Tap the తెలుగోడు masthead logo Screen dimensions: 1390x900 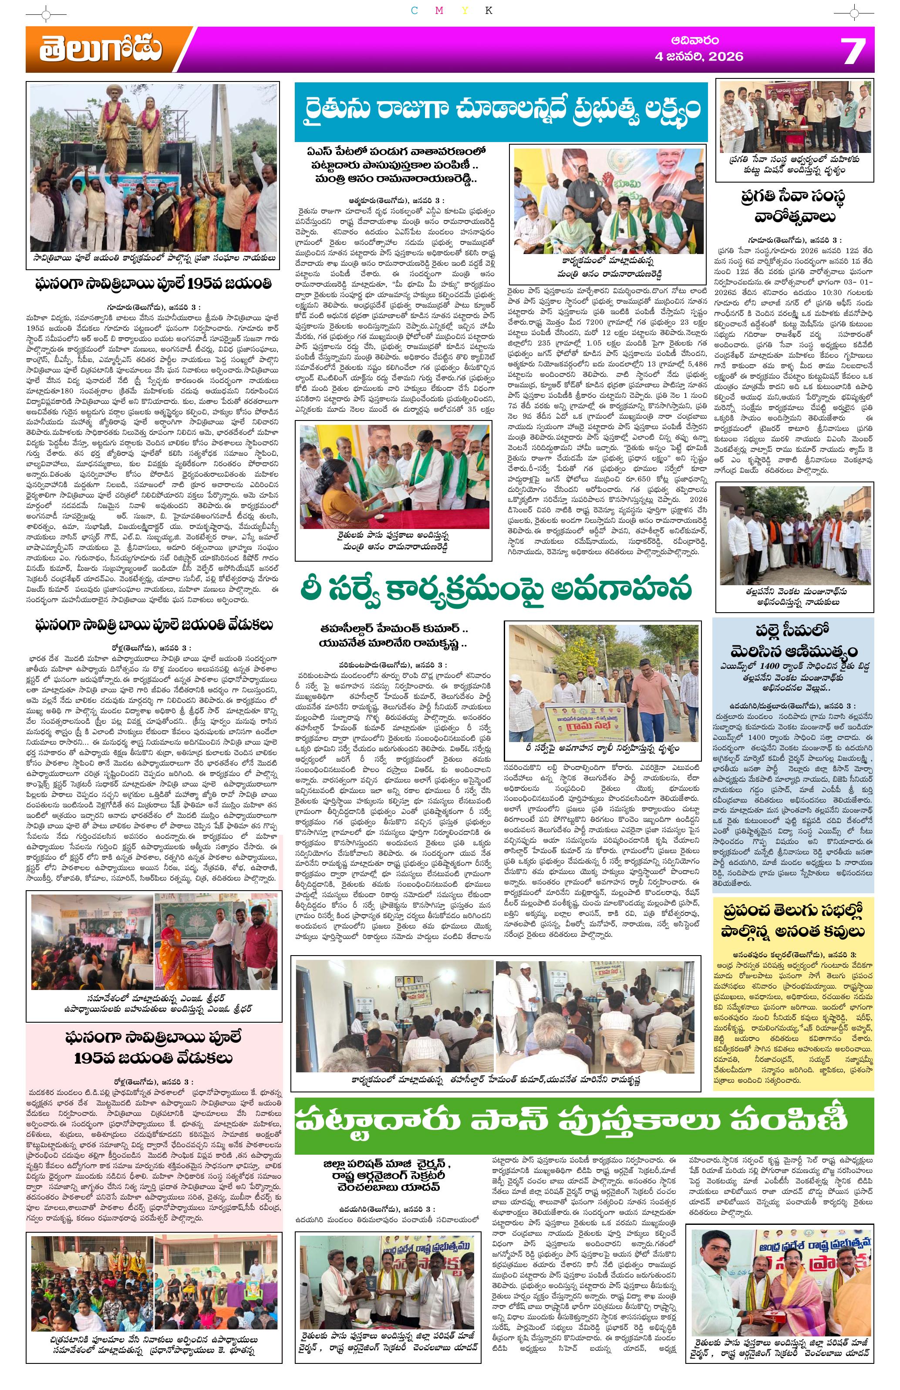coord(101,50)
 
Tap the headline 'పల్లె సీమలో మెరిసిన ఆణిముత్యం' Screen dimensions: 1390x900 coord(792,642)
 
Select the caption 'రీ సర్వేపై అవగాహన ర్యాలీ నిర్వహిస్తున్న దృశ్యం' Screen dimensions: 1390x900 coord(602,748)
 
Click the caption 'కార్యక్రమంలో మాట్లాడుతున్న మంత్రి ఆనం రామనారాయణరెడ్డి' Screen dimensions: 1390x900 coord(603,268)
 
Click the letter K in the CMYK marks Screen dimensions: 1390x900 coord(489,10)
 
